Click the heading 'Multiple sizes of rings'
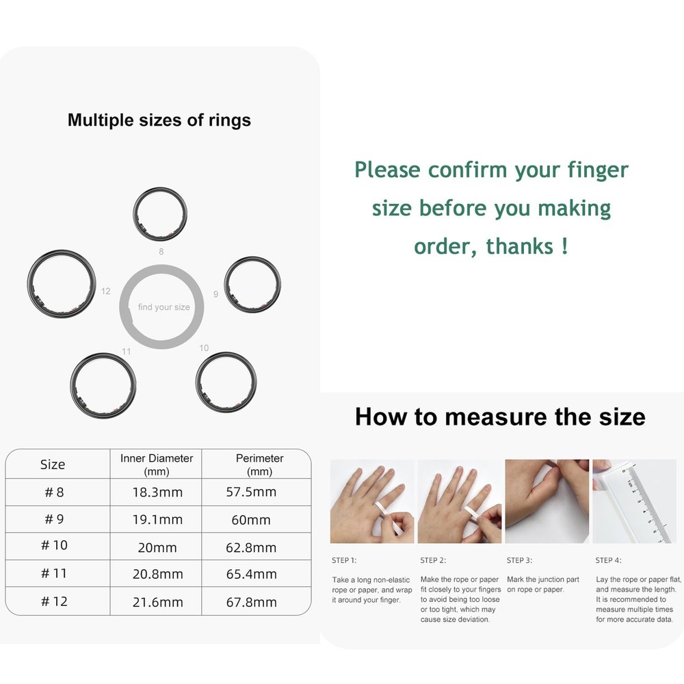pyautogui.click(x=159, y=120)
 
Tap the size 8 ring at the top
pyautogui.click(x=160, y=189)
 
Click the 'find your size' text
pyautogui.click(x=164, y=307)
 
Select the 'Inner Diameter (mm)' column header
pyautogui.click(x=157, y=464)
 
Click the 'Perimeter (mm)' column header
pyautogui.click(x=259, y=464)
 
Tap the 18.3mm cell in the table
pyautogui.click(x=157, y=492)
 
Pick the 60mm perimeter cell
pyautogui.click(x=251, y=520)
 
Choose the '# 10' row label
pyautogui.click(x=54, y=545)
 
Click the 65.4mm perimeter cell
pyautogui.click(x=251, y=574)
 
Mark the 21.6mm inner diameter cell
pyautogui.click(x=157, y=603)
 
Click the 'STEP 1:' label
pyautogui.click(x=344, y=561)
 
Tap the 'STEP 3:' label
pyautogui.click(x=520, y=561)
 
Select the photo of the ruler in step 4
pyautogui.click(x=634, y=501)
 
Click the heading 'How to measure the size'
pyautogui.click(x=500, y=417)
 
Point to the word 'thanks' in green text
pyautogui.click(x=520, y=246)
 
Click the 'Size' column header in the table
pyautogui.click(x=53, y=464)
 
